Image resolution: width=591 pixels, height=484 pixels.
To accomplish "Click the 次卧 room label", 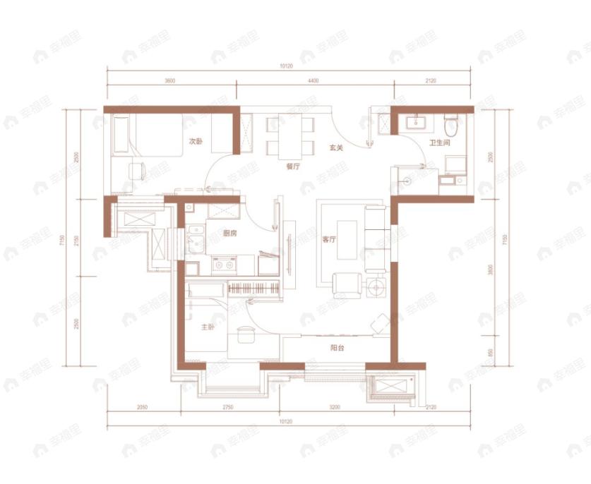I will tap(196, 142).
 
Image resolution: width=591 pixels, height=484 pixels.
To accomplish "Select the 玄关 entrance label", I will tap(336, 148).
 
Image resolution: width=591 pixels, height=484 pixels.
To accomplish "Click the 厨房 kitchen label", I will tap(229, 234).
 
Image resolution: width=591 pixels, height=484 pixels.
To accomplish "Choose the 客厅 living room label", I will tap(329, 239).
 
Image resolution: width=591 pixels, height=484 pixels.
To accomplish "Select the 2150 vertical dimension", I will tap(74, 239).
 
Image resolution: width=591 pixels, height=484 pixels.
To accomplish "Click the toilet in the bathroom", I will tap(450, 127).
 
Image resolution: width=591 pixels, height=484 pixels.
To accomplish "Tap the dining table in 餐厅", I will tap(290, 135).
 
